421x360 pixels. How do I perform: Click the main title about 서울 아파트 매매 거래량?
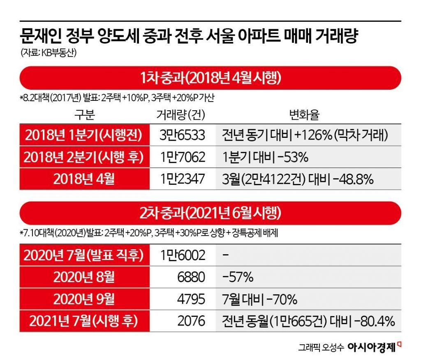point(190,37)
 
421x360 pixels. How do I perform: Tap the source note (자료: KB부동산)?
point(48,53)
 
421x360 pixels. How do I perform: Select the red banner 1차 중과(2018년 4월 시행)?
point(210,77)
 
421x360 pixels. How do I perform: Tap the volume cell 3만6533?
point(182,135)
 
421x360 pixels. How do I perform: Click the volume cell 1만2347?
point(182,179)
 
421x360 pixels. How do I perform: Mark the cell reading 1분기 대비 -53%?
point(265,158)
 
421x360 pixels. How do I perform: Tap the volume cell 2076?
point(191,321)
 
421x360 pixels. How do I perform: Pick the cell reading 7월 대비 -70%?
point(259,299)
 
